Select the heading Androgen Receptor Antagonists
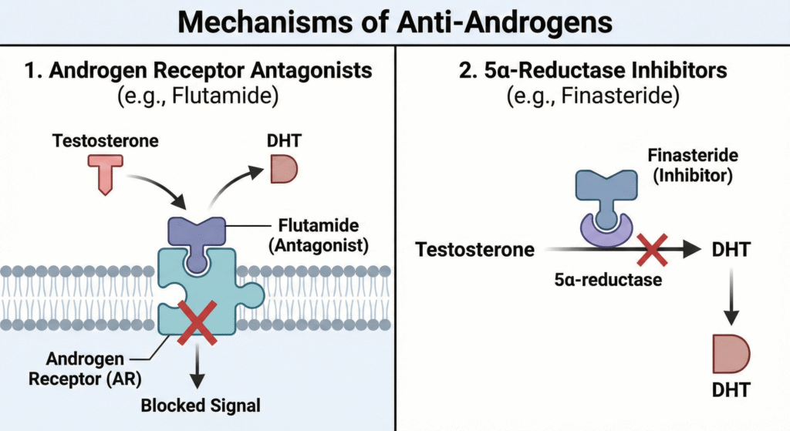(198, 71)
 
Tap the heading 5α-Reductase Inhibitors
(592, 71)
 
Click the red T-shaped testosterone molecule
(103, 172)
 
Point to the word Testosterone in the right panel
(474, 250)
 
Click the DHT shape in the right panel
(730, 355)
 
